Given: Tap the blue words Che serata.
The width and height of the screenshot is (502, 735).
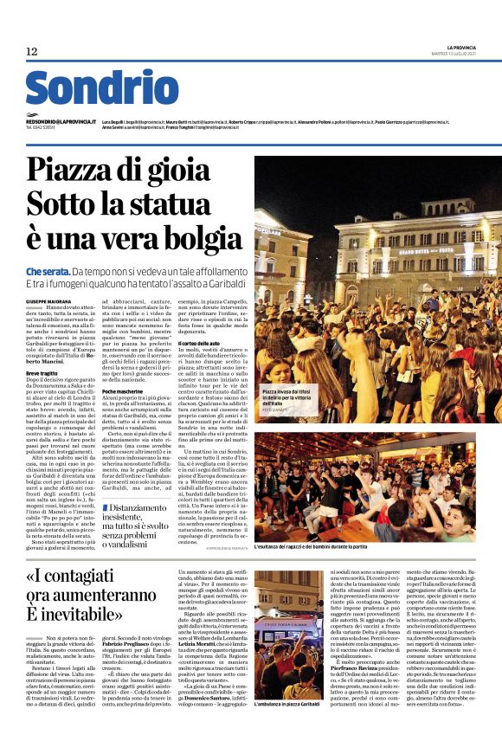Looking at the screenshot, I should (47, 272).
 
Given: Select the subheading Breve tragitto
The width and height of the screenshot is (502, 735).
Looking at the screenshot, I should (43, 369).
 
